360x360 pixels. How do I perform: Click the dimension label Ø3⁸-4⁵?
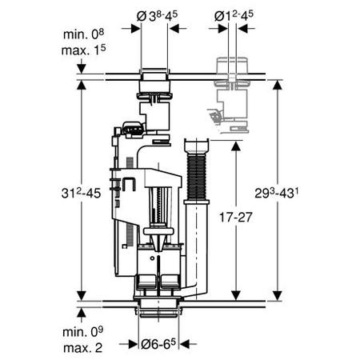point(157,16)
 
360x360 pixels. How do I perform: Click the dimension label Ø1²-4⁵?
point(234,16)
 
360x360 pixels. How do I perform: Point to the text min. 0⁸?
point(83,34)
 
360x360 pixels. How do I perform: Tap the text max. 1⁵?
point(83,50)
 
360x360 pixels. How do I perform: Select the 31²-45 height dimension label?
point(81,193)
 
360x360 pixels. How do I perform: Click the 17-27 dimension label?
point(235,217)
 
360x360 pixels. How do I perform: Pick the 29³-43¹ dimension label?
point(277,193)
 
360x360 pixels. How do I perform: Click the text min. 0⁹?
point(82,331)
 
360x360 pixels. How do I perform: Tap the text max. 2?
point(82,347)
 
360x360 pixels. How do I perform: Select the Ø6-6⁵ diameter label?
point(158,344)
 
